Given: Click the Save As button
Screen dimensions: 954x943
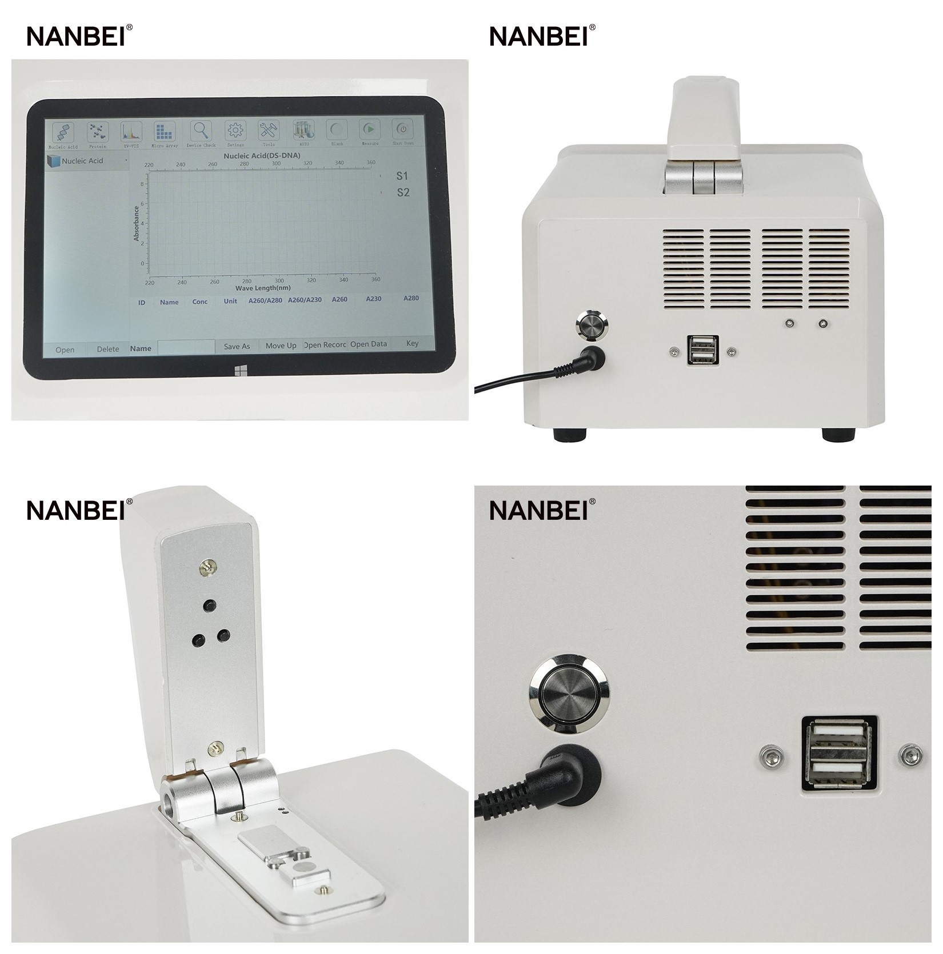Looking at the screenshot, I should [x=237, y=346].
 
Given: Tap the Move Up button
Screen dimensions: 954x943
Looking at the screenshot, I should [x=281, y=346].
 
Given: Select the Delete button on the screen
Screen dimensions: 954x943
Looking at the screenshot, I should [x=108, y=349].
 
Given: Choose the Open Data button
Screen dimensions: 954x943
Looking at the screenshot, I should [x=369, y=344].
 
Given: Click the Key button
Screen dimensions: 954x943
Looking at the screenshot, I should [x=412, y=343].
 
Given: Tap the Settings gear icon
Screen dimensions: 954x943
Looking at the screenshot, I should [x=235, y=131].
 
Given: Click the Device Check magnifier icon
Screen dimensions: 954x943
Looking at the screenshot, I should [x=201, y=131].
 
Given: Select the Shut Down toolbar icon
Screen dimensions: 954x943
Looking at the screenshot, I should [x=403, y=130].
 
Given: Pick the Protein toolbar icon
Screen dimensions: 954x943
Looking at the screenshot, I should [x=97, y=133].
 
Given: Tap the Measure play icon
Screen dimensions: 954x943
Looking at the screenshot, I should [x=370, y=130].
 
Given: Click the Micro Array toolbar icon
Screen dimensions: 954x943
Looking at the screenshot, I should [x=165, y=132].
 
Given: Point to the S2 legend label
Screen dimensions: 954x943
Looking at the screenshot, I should [x=403, y=193].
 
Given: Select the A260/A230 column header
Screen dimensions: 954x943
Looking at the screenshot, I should [x=305, y=300].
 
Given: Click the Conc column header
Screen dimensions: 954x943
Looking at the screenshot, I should [x=200, y=302].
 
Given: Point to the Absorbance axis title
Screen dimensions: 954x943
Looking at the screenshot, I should [x=137, y=223].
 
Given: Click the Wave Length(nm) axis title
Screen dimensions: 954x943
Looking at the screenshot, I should [x=263, y=288].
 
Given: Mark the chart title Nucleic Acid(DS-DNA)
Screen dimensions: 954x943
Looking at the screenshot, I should [x=262, y=155].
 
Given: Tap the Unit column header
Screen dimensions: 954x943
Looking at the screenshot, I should [x=230, y=301].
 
